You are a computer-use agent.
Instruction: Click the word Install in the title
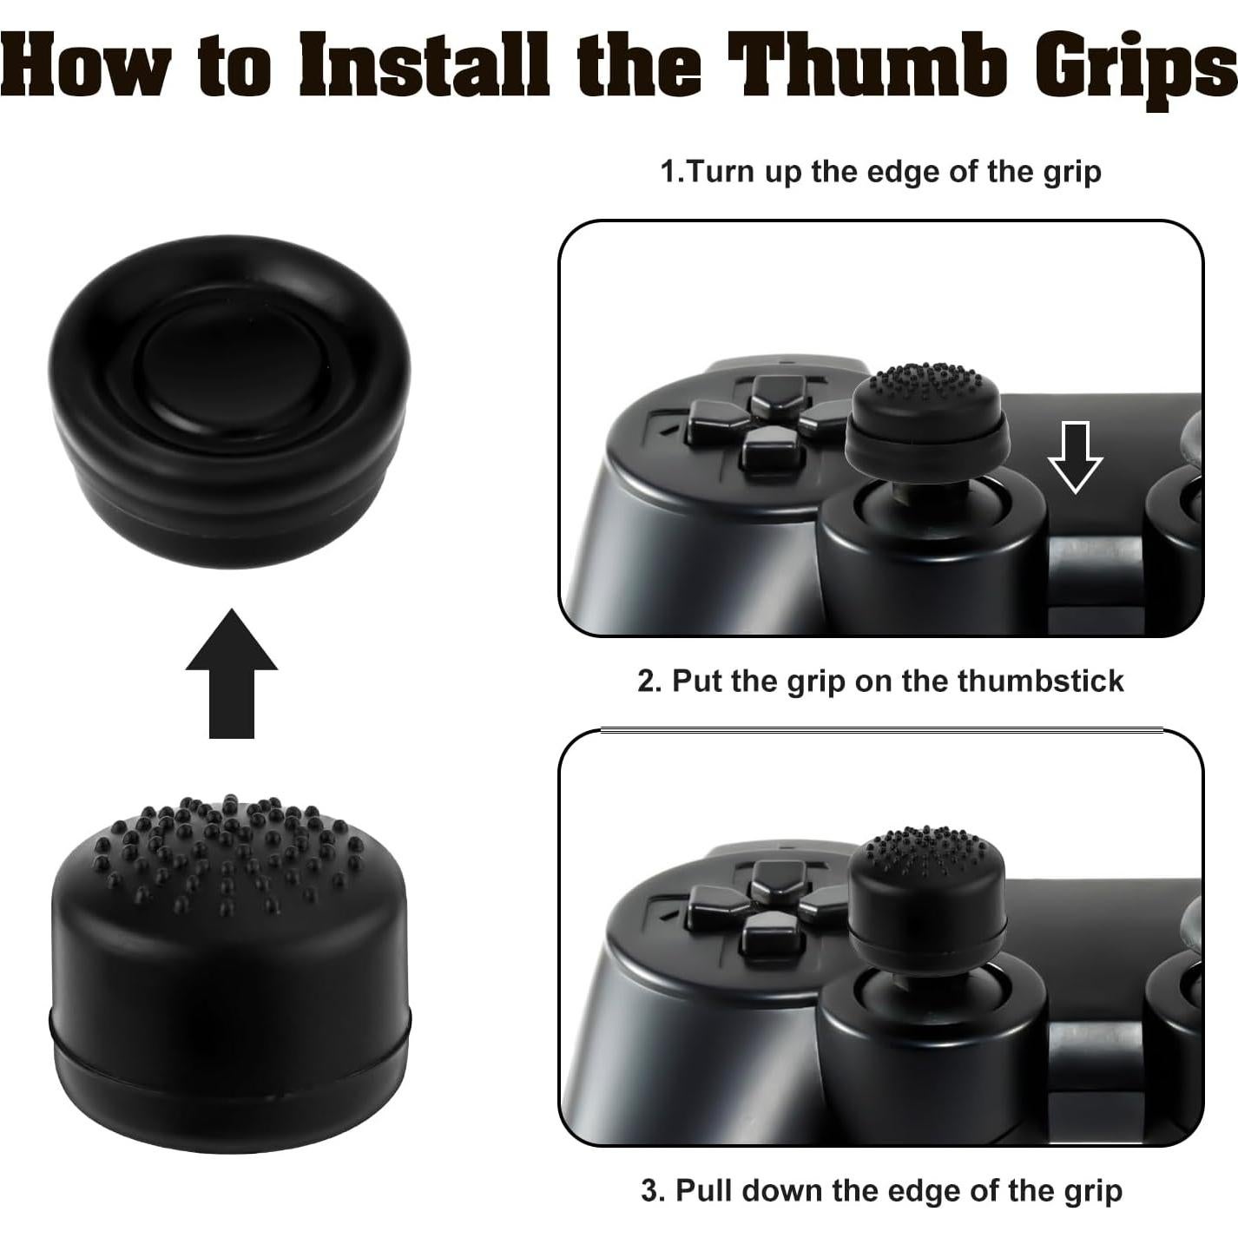425,65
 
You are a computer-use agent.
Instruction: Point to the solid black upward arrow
232,673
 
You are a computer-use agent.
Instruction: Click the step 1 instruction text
880,171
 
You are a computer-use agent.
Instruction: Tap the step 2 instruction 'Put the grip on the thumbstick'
880,681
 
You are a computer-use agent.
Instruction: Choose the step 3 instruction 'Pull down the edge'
880,1189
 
